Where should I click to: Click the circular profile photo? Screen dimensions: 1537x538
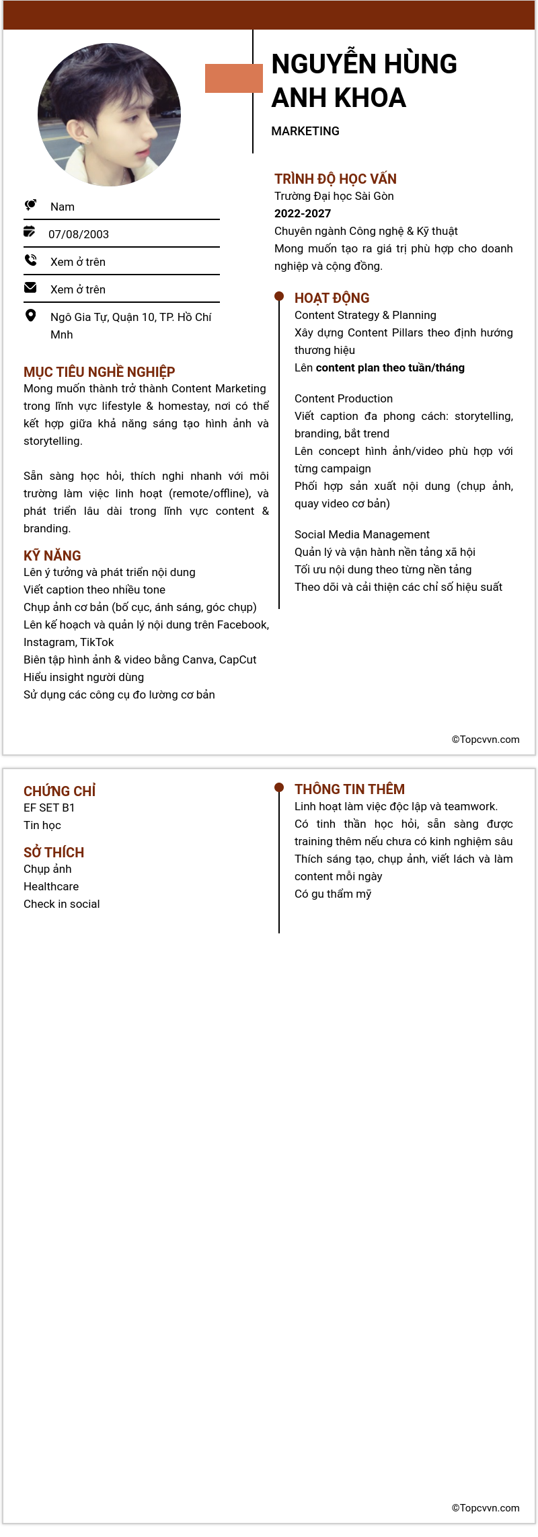tap(109, 114)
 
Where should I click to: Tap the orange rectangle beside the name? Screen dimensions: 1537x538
tap(233, 78)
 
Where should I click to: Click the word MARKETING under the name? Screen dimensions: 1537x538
tap(305, 131)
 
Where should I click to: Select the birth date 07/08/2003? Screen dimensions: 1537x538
tap(79, 234)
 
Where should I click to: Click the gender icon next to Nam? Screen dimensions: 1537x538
tap(30, 205)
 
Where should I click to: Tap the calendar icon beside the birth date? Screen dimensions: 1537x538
tap(30, 231)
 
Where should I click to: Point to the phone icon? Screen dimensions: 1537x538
tap(30, 260)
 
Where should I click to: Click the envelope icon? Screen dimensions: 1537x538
tap(30, 287)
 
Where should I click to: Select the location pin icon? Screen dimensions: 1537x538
tap(30, 315)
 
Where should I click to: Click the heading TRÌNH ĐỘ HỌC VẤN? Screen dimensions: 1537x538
tap(336, 179)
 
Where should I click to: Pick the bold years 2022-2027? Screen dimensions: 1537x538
tap(303, 213)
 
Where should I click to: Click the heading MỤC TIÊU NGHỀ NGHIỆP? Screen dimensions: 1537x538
tap(100, 372)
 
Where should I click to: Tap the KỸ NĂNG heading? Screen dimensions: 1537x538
tap(52, 556)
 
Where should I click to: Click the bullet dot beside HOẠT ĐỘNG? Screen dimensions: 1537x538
tap(279, 296)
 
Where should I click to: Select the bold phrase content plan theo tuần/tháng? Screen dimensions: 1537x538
tap(390, 367)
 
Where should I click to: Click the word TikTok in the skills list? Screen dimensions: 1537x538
tap(97, 642)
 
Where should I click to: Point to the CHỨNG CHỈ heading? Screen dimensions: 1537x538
tap(60, 791)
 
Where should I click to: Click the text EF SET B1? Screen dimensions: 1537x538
tap(49, 808)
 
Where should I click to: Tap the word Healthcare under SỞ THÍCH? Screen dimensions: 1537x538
tap(51, 886)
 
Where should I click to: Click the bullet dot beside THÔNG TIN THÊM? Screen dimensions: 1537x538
tap(279, 787)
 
